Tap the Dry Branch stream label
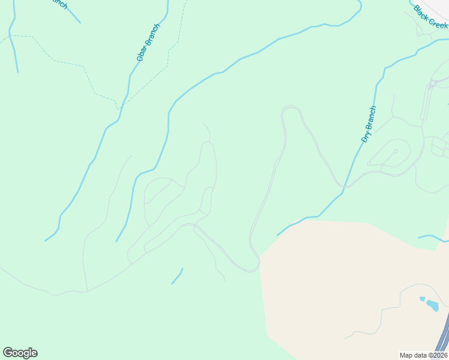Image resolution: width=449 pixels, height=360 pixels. point(369,124)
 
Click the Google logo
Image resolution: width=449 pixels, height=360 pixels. point(20,353)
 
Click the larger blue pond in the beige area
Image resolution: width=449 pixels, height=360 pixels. point(432,305)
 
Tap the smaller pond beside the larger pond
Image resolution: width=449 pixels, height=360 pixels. point(421,298)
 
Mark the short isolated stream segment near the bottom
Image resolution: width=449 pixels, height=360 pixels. point(177,277)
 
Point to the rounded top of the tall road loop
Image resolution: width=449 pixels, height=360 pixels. point(291,107)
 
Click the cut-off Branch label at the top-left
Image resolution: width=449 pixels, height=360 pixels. point(58,4)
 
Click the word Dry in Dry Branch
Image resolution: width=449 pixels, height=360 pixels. point(365,136)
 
